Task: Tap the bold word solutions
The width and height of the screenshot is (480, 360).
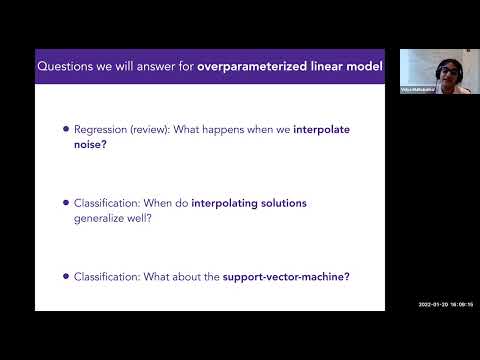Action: point(287,203)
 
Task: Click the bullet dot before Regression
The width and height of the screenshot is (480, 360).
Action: point(66,129)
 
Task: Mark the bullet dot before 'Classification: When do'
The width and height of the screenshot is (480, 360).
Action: point(66,203)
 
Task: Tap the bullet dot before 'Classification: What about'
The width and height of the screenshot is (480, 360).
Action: point(66,275)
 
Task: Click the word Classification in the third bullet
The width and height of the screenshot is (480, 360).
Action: point(106,275)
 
